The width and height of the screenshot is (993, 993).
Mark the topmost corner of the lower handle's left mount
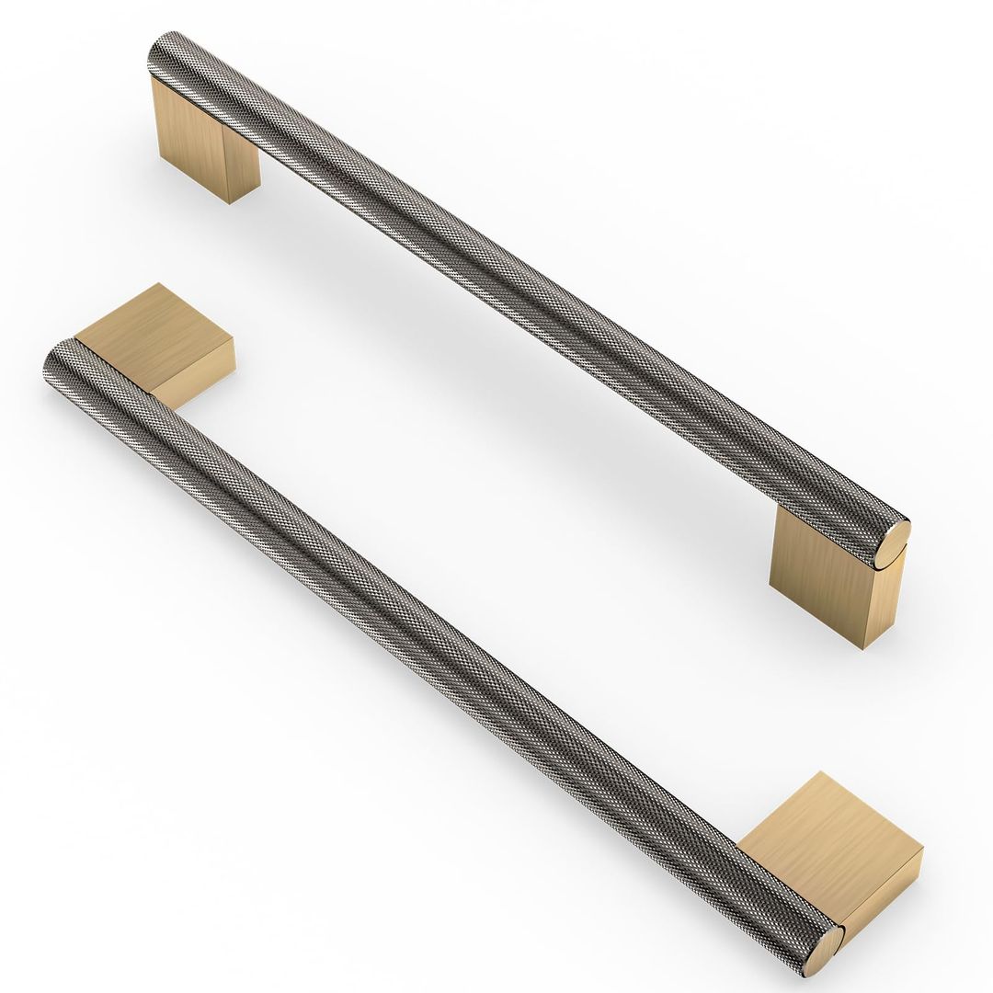158,284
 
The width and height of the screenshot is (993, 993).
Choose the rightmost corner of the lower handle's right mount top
922,850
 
